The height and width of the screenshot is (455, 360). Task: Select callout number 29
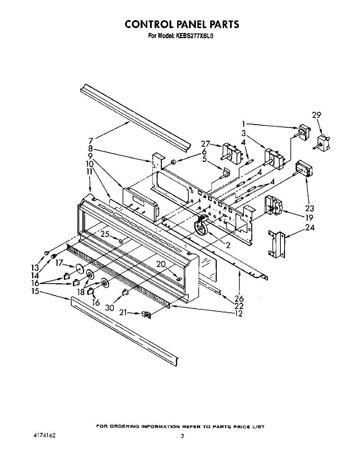click(316, 116)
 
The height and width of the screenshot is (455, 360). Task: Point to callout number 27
click(205, 144)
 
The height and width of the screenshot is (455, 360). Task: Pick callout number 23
click(309, 208)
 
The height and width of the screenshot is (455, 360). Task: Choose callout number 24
click(310, 228)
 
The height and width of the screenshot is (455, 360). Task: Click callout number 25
click(105, 234)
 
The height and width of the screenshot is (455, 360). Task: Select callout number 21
click(123, 313)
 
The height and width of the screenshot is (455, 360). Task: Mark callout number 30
click(110, 308)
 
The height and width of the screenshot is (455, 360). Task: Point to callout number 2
click(228, 245)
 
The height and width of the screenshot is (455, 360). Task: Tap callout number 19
click(310, 218)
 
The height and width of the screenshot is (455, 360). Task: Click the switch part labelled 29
click(322, 141)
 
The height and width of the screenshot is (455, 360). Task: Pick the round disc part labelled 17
click(79, 268)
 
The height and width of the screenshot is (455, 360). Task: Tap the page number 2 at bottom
click(182, 436)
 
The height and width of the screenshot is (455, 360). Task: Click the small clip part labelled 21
click(146, 314)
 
